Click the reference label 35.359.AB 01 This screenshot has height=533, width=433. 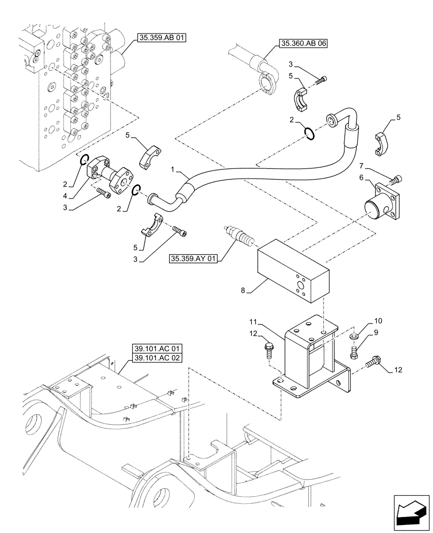point(161,38)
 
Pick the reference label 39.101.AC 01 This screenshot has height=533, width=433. point(155,349)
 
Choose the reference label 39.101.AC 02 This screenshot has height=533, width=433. point(155,358)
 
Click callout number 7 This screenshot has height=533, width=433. point(376,167)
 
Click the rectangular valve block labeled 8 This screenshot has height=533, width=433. point(293,271)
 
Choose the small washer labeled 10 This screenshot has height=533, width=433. point(353,337)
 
